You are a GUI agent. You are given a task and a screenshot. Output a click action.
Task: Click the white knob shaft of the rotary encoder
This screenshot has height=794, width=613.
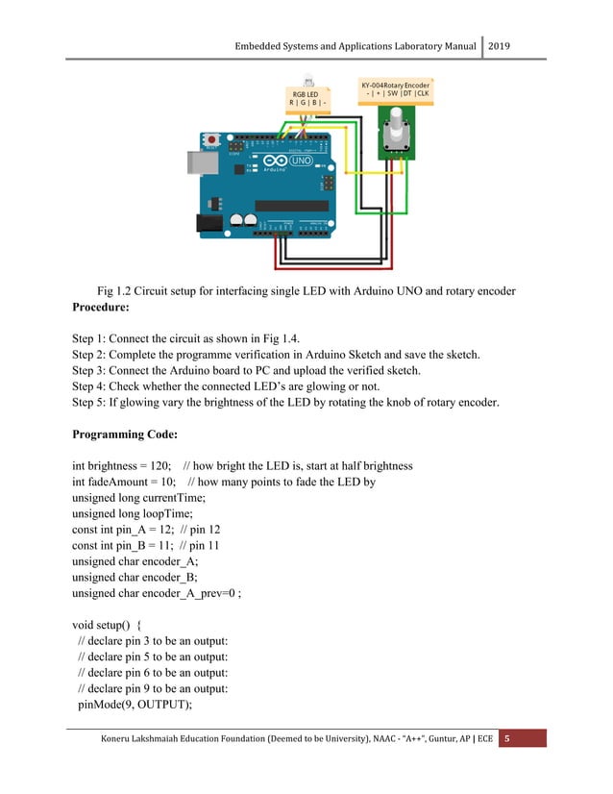click(394, 118)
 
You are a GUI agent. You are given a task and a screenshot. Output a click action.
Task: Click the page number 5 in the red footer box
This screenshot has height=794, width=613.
click(508, 738)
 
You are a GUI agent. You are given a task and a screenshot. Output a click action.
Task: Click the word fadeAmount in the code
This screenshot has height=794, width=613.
click(123, 482)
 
